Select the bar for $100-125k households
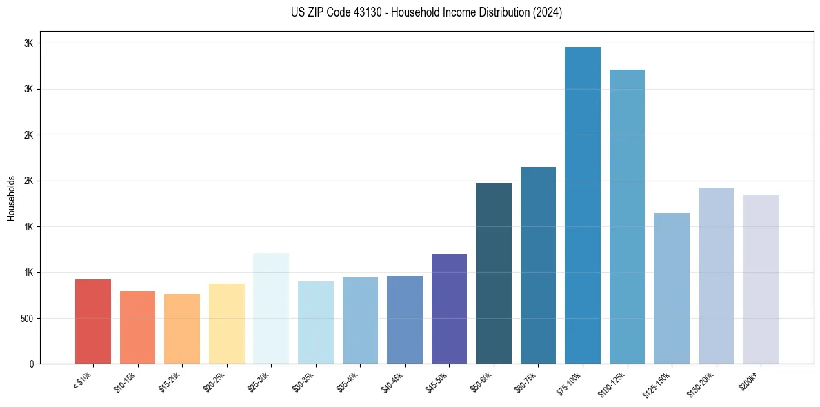[627, 217]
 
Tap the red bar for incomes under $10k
[93, 321]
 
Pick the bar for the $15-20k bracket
[182, 329]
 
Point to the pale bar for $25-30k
[271, 308]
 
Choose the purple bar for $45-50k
[449, 308]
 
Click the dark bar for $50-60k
[494, 273]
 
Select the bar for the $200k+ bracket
[760, 279]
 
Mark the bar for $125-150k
[671, 288]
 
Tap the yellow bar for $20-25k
[227, 324]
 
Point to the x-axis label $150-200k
[703, 384]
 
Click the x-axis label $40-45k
[394, 381]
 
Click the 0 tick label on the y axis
[31, 364]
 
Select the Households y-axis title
[11, 198]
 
